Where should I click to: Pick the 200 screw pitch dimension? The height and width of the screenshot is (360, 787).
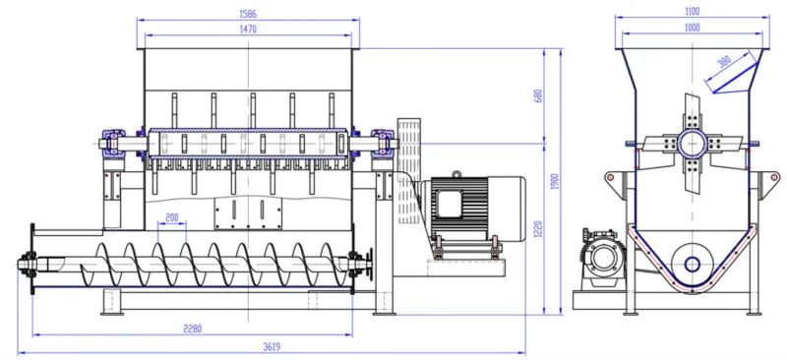[x=172, y=217]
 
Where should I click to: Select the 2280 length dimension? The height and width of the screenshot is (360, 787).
[x=192, y=329]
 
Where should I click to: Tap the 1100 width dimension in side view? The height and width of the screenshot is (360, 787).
[x=692, y=11]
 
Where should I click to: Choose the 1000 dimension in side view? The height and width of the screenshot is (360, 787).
[x=692, y=29]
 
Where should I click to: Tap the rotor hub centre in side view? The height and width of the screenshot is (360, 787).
[x=693, y=145]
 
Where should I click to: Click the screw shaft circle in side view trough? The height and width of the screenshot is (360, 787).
[x=693, y=263]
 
